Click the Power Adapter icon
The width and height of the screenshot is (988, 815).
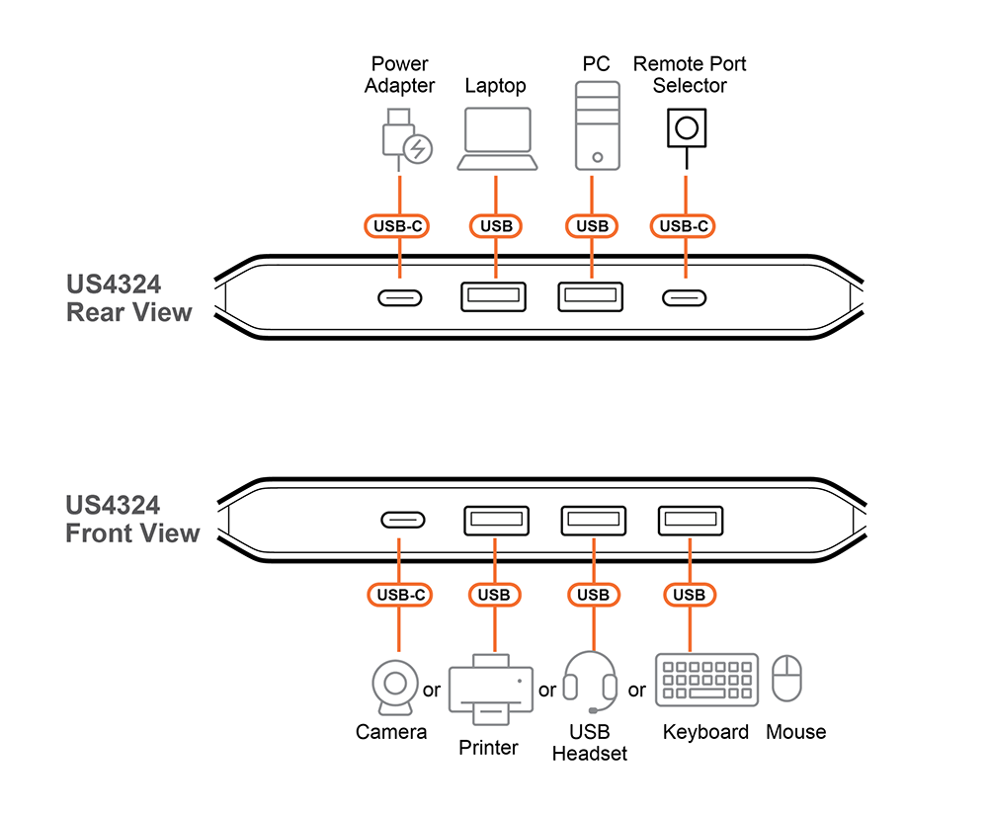click(x=404, y=137)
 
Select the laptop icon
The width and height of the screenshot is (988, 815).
click(x=497, y=139)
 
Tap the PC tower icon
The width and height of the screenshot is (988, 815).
click(x=597, y=125)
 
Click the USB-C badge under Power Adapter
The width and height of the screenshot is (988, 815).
click(x=399, y=226)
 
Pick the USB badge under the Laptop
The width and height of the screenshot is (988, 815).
click(x=496, y=226)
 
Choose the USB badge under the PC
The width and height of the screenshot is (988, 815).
click(x=593, y=226)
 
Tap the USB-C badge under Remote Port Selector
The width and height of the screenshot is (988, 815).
click(x=685, y=226)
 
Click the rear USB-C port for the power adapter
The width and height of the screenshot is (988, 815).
click(x=400, y=297)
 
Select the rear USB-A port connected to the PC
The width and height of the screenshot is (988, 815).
click(x=592, y=297)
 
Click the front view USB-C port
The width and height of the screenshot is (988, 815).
click(x=403, y=521)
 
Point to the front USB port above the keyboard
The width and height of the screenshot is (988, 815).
click(x=691, y=521)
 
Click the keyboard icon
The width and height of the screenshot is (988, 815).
click(x=706, y=680)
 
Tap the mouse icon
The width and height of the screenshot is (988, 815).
click(x=786, y=679)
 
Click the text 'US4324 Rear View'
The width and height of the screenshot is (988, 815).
click(x=128, y=298)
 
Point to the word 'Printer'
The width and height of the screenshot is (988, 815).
click(x=488, y=748)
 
